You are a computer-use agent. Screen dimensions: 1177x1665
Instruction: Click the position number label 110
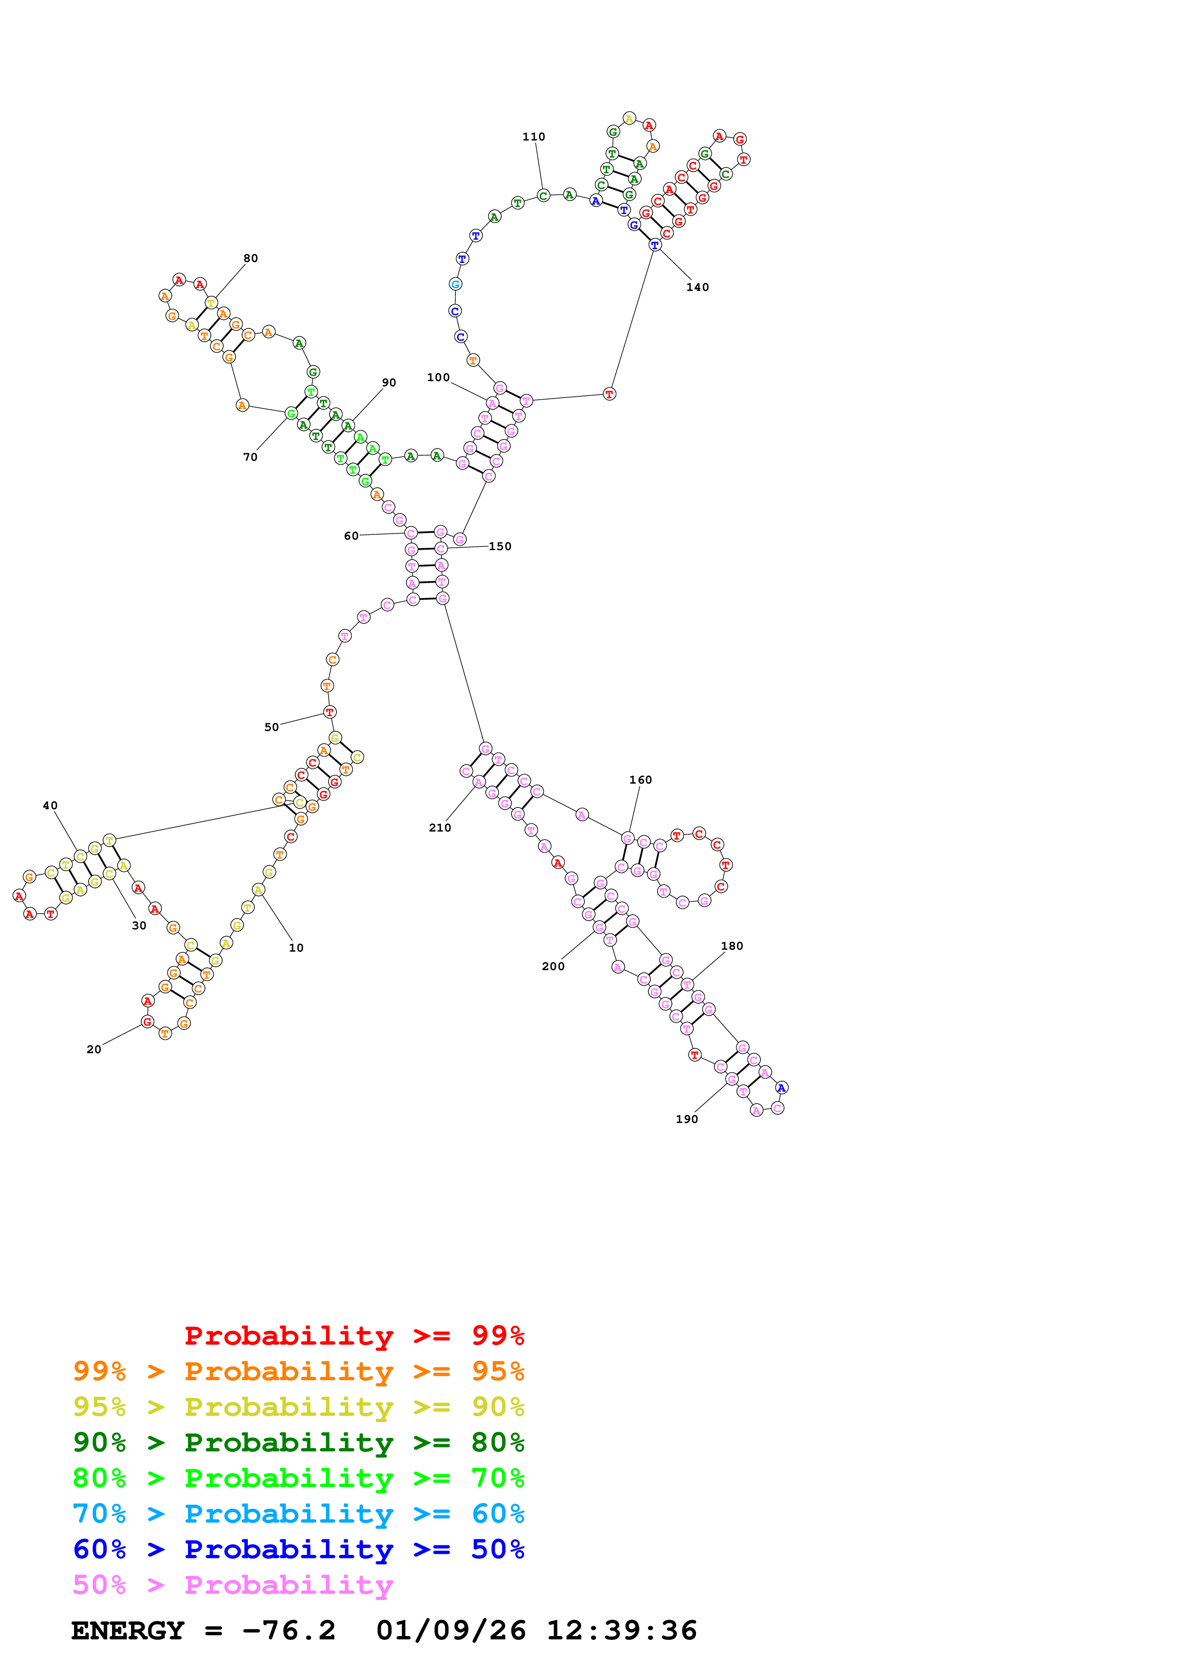(533, 136)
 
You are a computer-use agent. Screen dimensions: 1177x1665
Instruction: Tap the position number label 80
(250, 258)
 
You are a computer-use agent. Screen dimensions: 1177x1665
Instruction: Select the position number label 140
(697, 287)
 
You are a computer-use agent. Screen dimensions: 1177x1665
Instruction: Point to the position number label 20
(94, 1049)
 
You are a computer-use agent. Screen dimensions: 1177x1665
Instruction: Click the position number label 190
(686, 1119)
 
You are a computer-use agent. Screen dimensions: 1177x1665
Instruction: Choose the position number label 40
(50, 805)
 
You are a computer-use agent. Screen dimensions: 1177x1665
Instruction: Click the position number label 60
(351, 536)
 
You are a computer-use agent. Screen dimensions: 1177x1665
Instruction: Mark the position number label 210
(440, 827)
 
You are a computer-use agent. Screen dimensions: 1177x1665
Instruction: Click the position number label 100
(438, 377)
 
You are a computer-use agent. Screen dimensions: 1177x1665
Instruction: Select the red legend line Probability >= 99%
(354, 1335)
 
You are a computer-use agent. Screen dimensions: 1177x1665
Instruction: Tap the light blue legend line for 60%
(298, 1514)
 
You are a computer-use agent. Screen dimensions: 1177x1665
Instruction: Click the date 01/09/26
(451, 1630)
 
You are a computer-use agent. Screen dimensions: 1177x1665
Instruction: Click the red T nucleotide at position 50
(329, 712)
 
